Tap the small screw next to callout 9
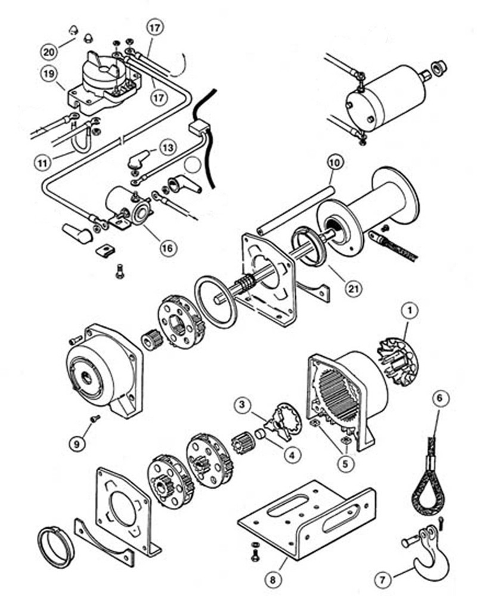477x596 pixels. pyautogui.click(x=94, y=420)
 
